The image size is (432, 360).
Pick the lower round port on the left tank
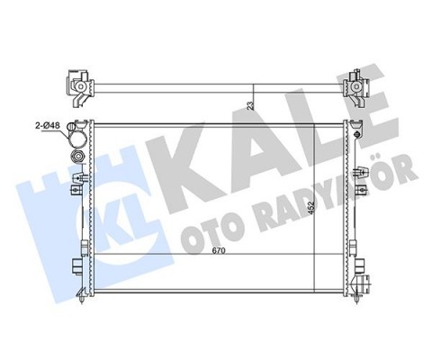pos(79,159)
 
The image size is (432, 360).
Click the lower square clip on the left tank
pos(76,266)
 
